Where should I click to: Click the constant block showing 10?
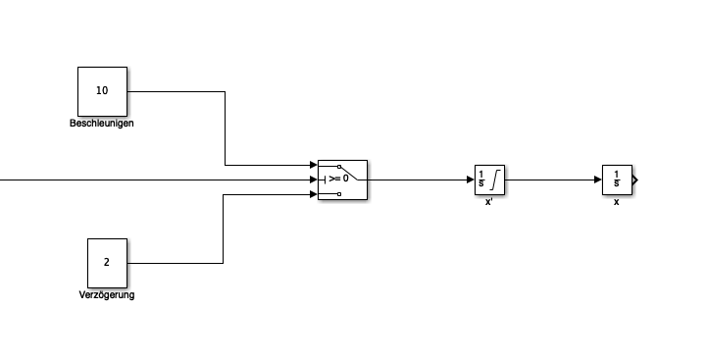click(102, 91)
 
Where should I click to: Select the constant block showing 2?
click(107, 263)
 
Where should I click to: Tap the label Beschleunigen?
click(102, 124)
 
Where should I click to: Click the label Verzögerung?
click(107, 295)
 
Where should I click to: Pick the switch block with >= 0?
click(342, 180)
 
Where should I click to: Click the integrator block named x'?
click(489, 180)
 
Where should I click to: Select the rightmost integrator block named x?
click(617, 180)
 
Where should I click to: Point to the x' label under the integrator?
click(489, 202)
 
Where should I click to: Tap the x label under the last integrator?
click(617, 202)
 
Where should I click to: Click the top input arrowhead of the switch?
click(314, 165)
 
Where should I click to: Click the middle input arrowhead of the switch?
click(314, 180)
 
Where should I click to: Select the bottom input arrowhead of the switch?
click(314, 194)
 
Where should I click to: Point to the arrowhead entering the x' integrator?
click(472, 180)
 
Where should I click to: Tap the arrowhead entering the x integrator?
click(599, 180)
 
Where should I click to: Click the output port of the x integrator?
click(635, 180)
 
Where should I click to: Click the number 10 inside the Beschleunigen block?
click(102, 90)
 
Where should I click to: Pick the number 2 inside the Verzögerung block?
click(107, 262)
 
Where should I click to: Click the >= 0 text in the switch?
click(339, 179)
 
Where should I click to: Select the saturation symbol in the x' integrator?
click(495, 180)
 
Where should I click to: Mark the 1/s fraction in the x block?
click(617, 180)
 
